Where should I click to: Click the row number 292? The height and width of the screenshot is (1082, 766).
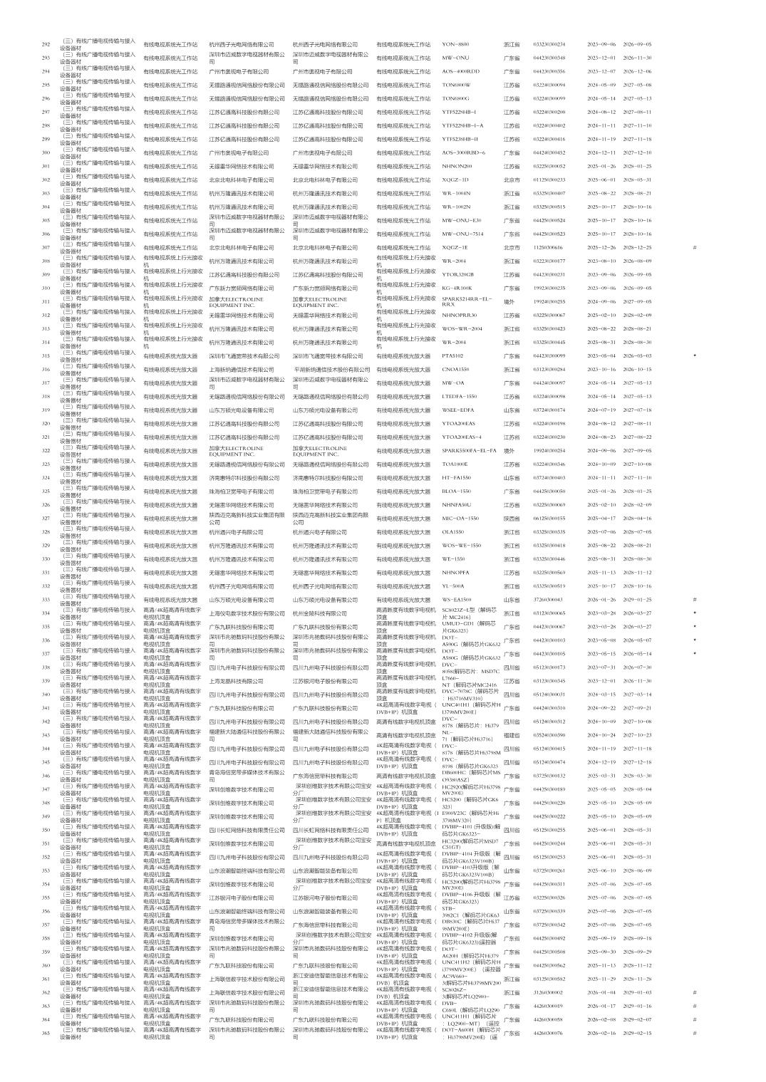click(x=46, y=44)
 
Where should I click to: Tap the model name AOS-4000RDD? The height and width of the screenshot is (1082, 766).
click(x=460, y=71)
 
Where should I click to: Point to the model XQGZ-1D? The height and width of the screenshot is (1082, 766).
click(x=455, y=180)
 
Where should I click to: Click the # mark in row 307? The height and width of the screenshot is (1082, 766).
click(x=694, y=247)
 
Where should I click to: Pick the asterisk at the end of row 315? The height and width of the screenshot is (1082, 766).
click(x=694, y=355)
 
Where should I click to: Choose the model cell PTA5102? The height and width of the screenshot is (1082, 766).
click(x=452, y=355)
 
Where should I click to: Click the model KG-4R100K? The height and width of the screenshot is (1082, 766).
click(x=457, y=288)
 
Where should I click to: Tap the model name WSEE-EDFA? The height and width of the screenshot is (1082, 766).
click(x=457, y=410)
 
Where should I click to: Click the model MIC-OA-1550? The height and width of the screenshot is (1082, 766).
click(x=460, y=518)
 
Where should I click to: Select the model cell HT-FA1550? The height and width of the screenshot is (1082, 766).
click(x=456, y=477)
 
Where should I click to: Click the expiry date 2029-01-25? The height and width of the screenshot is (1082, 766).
click(x=637, y=599)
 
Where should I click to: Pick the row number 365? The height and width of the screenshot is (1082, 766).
click(x=46, y=1032)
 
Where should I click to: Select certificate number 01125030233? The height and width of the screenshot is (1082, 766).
click(x=549, y=180)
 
